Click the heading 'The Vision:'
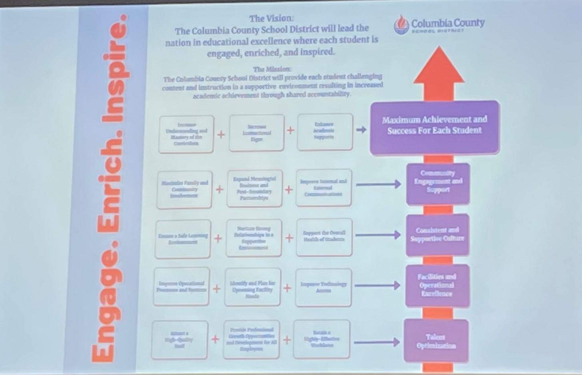pos(271,18)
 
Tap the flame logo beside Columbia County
pos(401,25)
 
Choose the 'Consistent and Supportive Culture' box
pos(437,235)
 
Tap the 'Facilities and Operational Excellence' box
pos(437,285)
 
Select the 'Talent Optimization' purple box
pos(436,341)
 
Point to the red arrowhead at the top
pos(439,66)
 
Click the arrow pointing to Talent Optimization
pos(377,342)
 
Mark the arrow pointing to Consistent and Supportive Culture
pos(378,235)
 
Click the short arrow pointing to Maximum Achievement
pos(361,130)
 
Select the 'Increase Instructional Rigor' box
pos(256,132)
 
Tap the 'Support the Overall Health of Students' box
pos(324,237)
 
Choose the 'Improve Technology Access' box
pos(323,287)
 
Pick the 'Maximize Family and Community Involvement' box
pos(184,189)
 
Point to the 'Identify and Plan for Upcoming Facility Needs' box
pos(252,287)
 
